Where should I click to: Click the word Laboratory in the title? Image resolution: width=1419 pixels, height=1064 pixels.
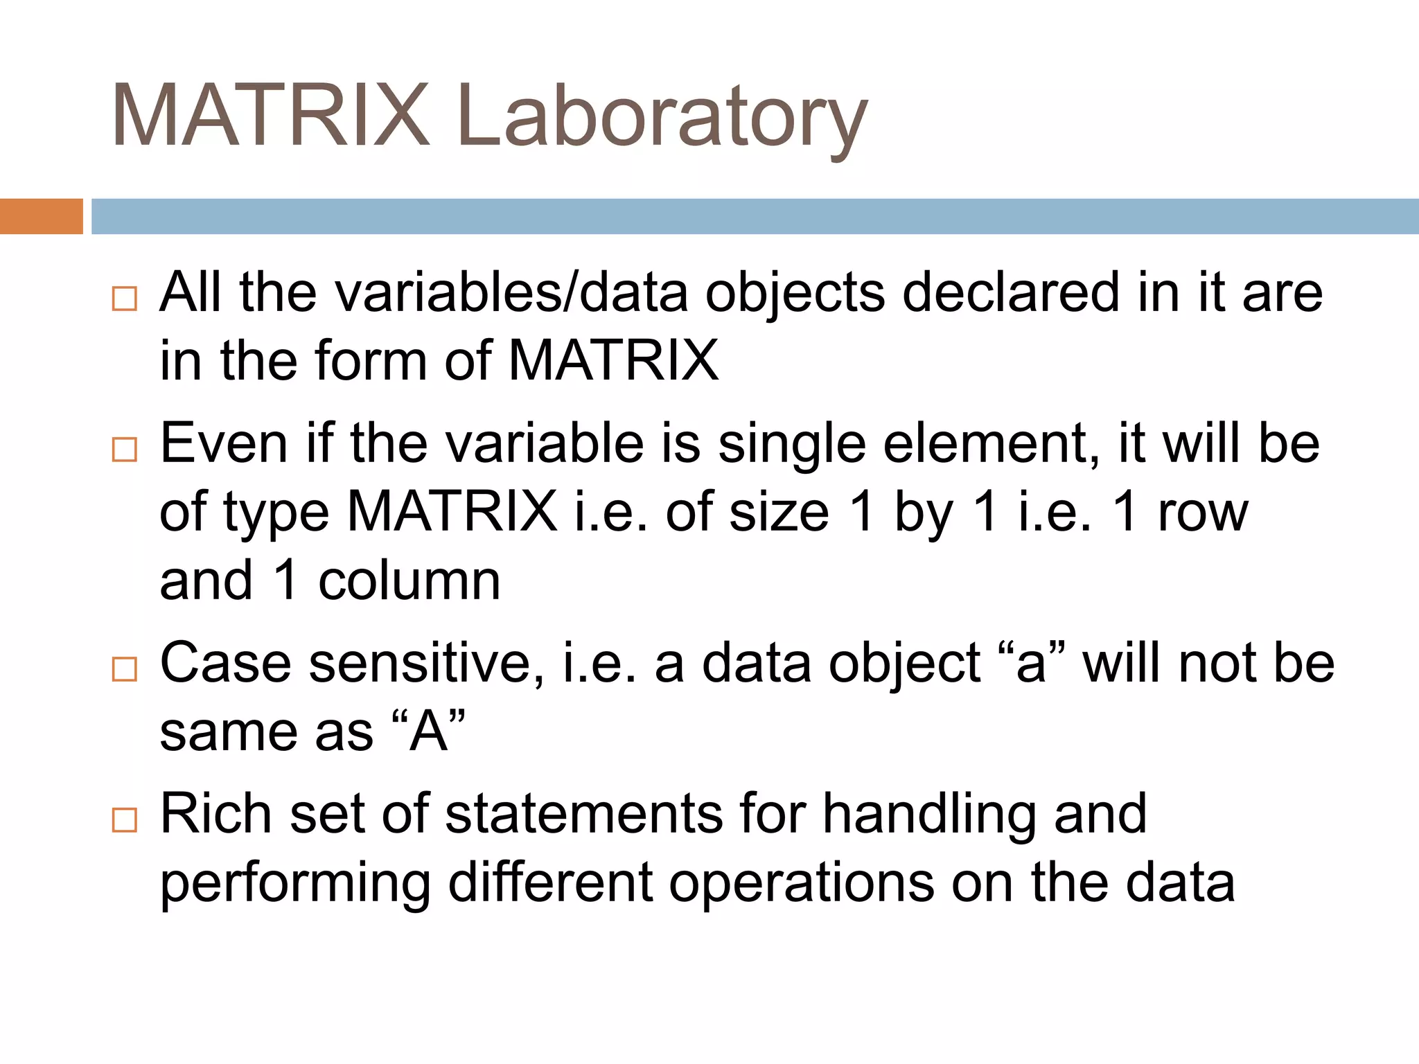(x=662, y=116)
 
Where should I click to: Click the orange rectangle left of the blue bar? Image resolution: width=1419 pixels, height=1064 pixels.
(x=41, y=216)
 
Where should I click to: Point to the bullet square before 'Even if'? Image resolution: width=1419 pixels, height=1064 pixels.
(x=125, y=450)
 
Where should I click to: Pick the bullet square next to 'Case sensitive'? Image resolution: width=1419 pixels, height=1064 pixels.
(x=125, y=669)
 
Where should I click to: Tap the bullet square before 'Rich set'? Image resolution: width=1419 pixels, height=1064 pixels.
(x=125, y=820)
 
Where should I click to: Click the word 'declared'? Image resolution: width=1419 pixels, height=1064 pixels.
(x=1011, y=292)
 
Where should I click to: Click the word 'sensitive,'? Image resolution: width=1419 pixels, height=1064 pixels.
(x=427, y=664)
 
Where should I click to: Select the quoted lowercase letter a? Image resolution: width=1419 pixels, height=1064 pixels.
(x=1030, y=664)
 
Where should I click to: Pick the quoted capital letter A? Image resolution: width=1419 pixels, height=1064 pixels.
(x=428, y=731)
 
